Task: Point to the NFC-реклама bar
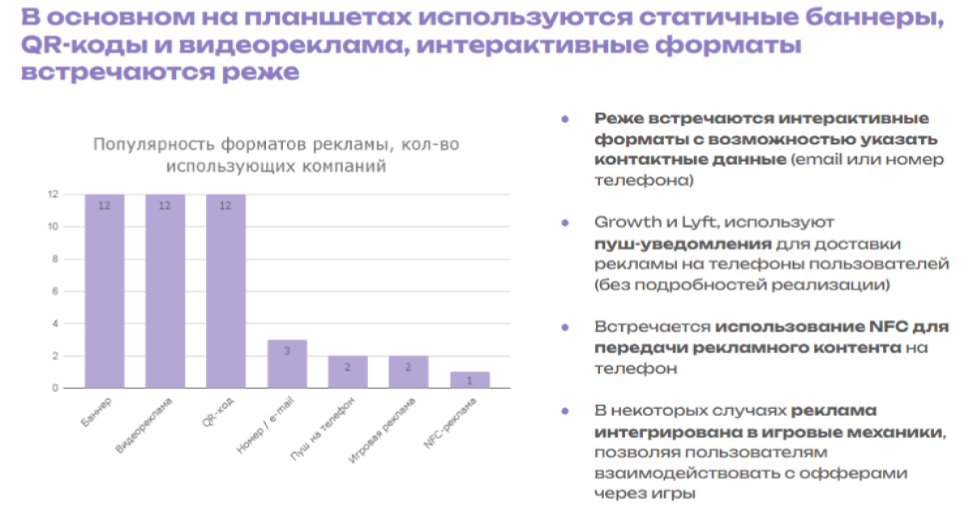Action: point(469,380)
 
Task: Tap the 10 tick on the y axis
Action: point(53,227)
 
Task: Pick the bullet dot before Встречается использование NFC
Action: point(564,326)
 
